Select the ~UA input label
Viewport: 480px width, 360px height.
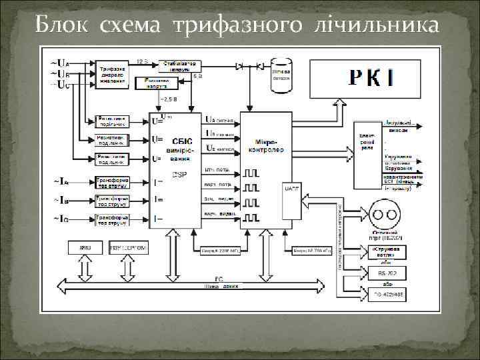(58, 63)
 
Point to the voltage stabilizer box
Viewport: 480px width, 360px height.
(179, 65)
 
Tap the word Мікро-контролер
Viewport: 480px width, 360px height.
(266, 145)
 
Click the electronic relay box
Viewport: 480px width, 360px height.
(367, 143)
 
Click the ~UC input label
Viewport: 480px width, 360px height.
(58, 83)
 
